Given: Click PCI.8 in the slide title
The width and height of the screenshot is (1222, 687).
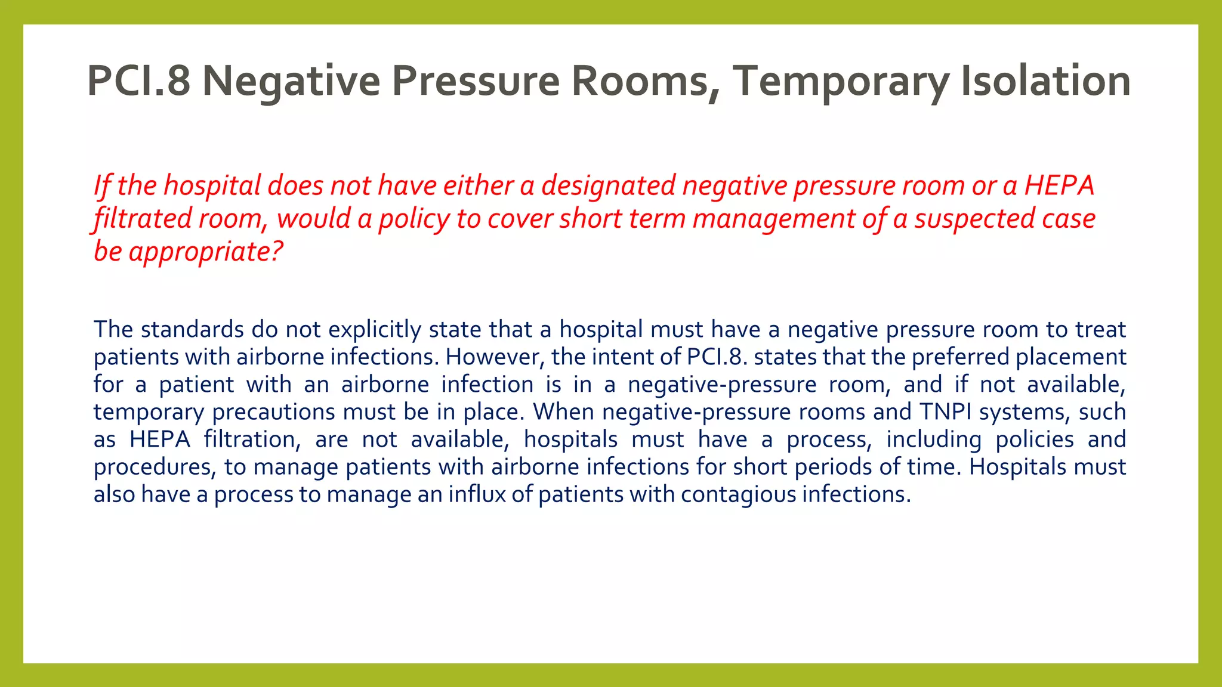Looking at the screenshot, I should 138,81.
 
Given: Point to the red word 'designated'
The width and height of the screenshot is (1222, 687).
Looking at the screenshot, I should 608,185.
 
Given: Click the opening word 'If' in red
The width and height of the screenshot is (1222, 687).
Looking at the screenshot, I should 101,185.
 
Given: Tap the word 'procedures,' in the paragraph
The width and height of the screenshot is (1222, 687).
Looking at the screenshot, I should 155,467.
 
